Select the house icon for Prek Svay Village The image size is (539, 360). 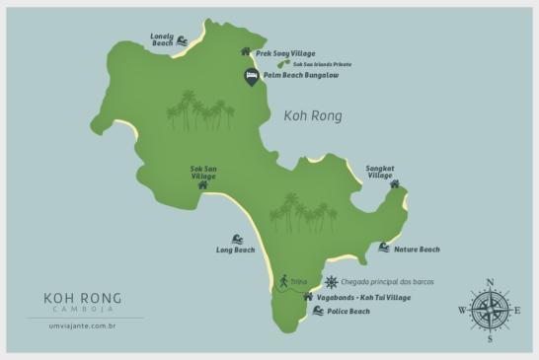coord(246,51)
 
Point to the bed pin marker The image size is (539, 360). coord(252,76)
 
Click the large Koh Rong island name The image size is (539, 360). coord(312,115)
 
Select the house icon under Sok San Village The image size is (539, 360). coord(202,184)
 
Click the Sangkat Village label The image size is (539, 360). coord(380,171)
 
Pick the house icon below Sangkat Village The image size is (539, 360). coord(394,183)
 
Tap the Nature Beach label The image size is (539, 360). coord(416,250)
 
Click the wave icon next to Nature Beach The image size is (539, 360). coord(383,248)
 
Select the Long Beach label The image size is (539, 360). coord(235,251)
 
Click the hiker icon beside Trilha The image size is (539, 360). coord(282,281)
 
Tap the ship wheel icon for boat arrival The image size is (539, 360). coord(331,281)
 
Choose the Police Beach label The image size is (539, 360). coord(348,312)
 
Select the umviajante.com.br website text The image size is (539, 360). coord(83,324)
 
